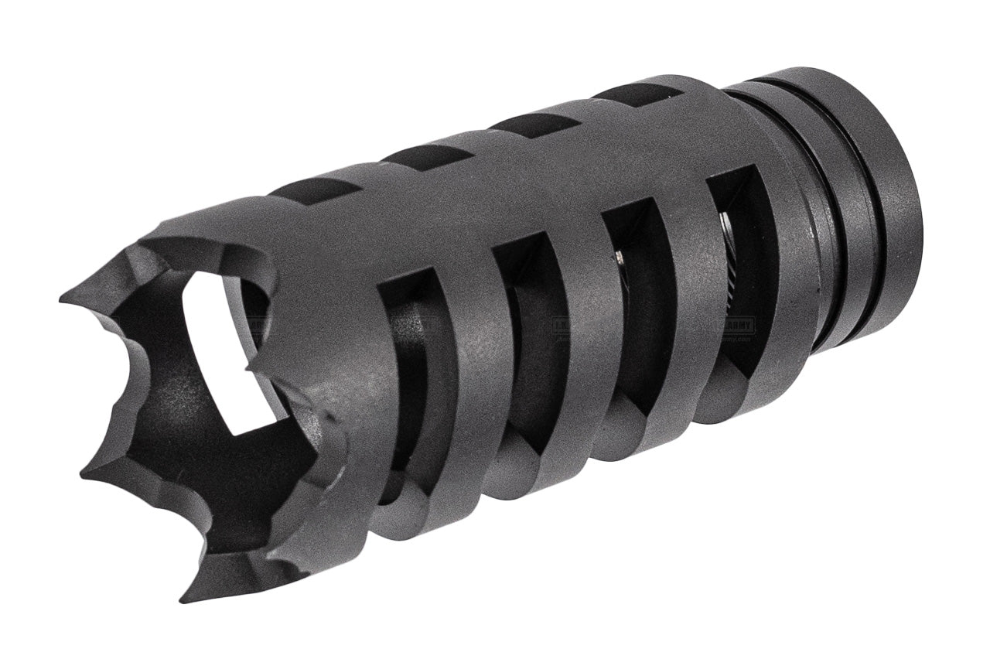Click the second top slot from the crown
click(426, 155)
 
